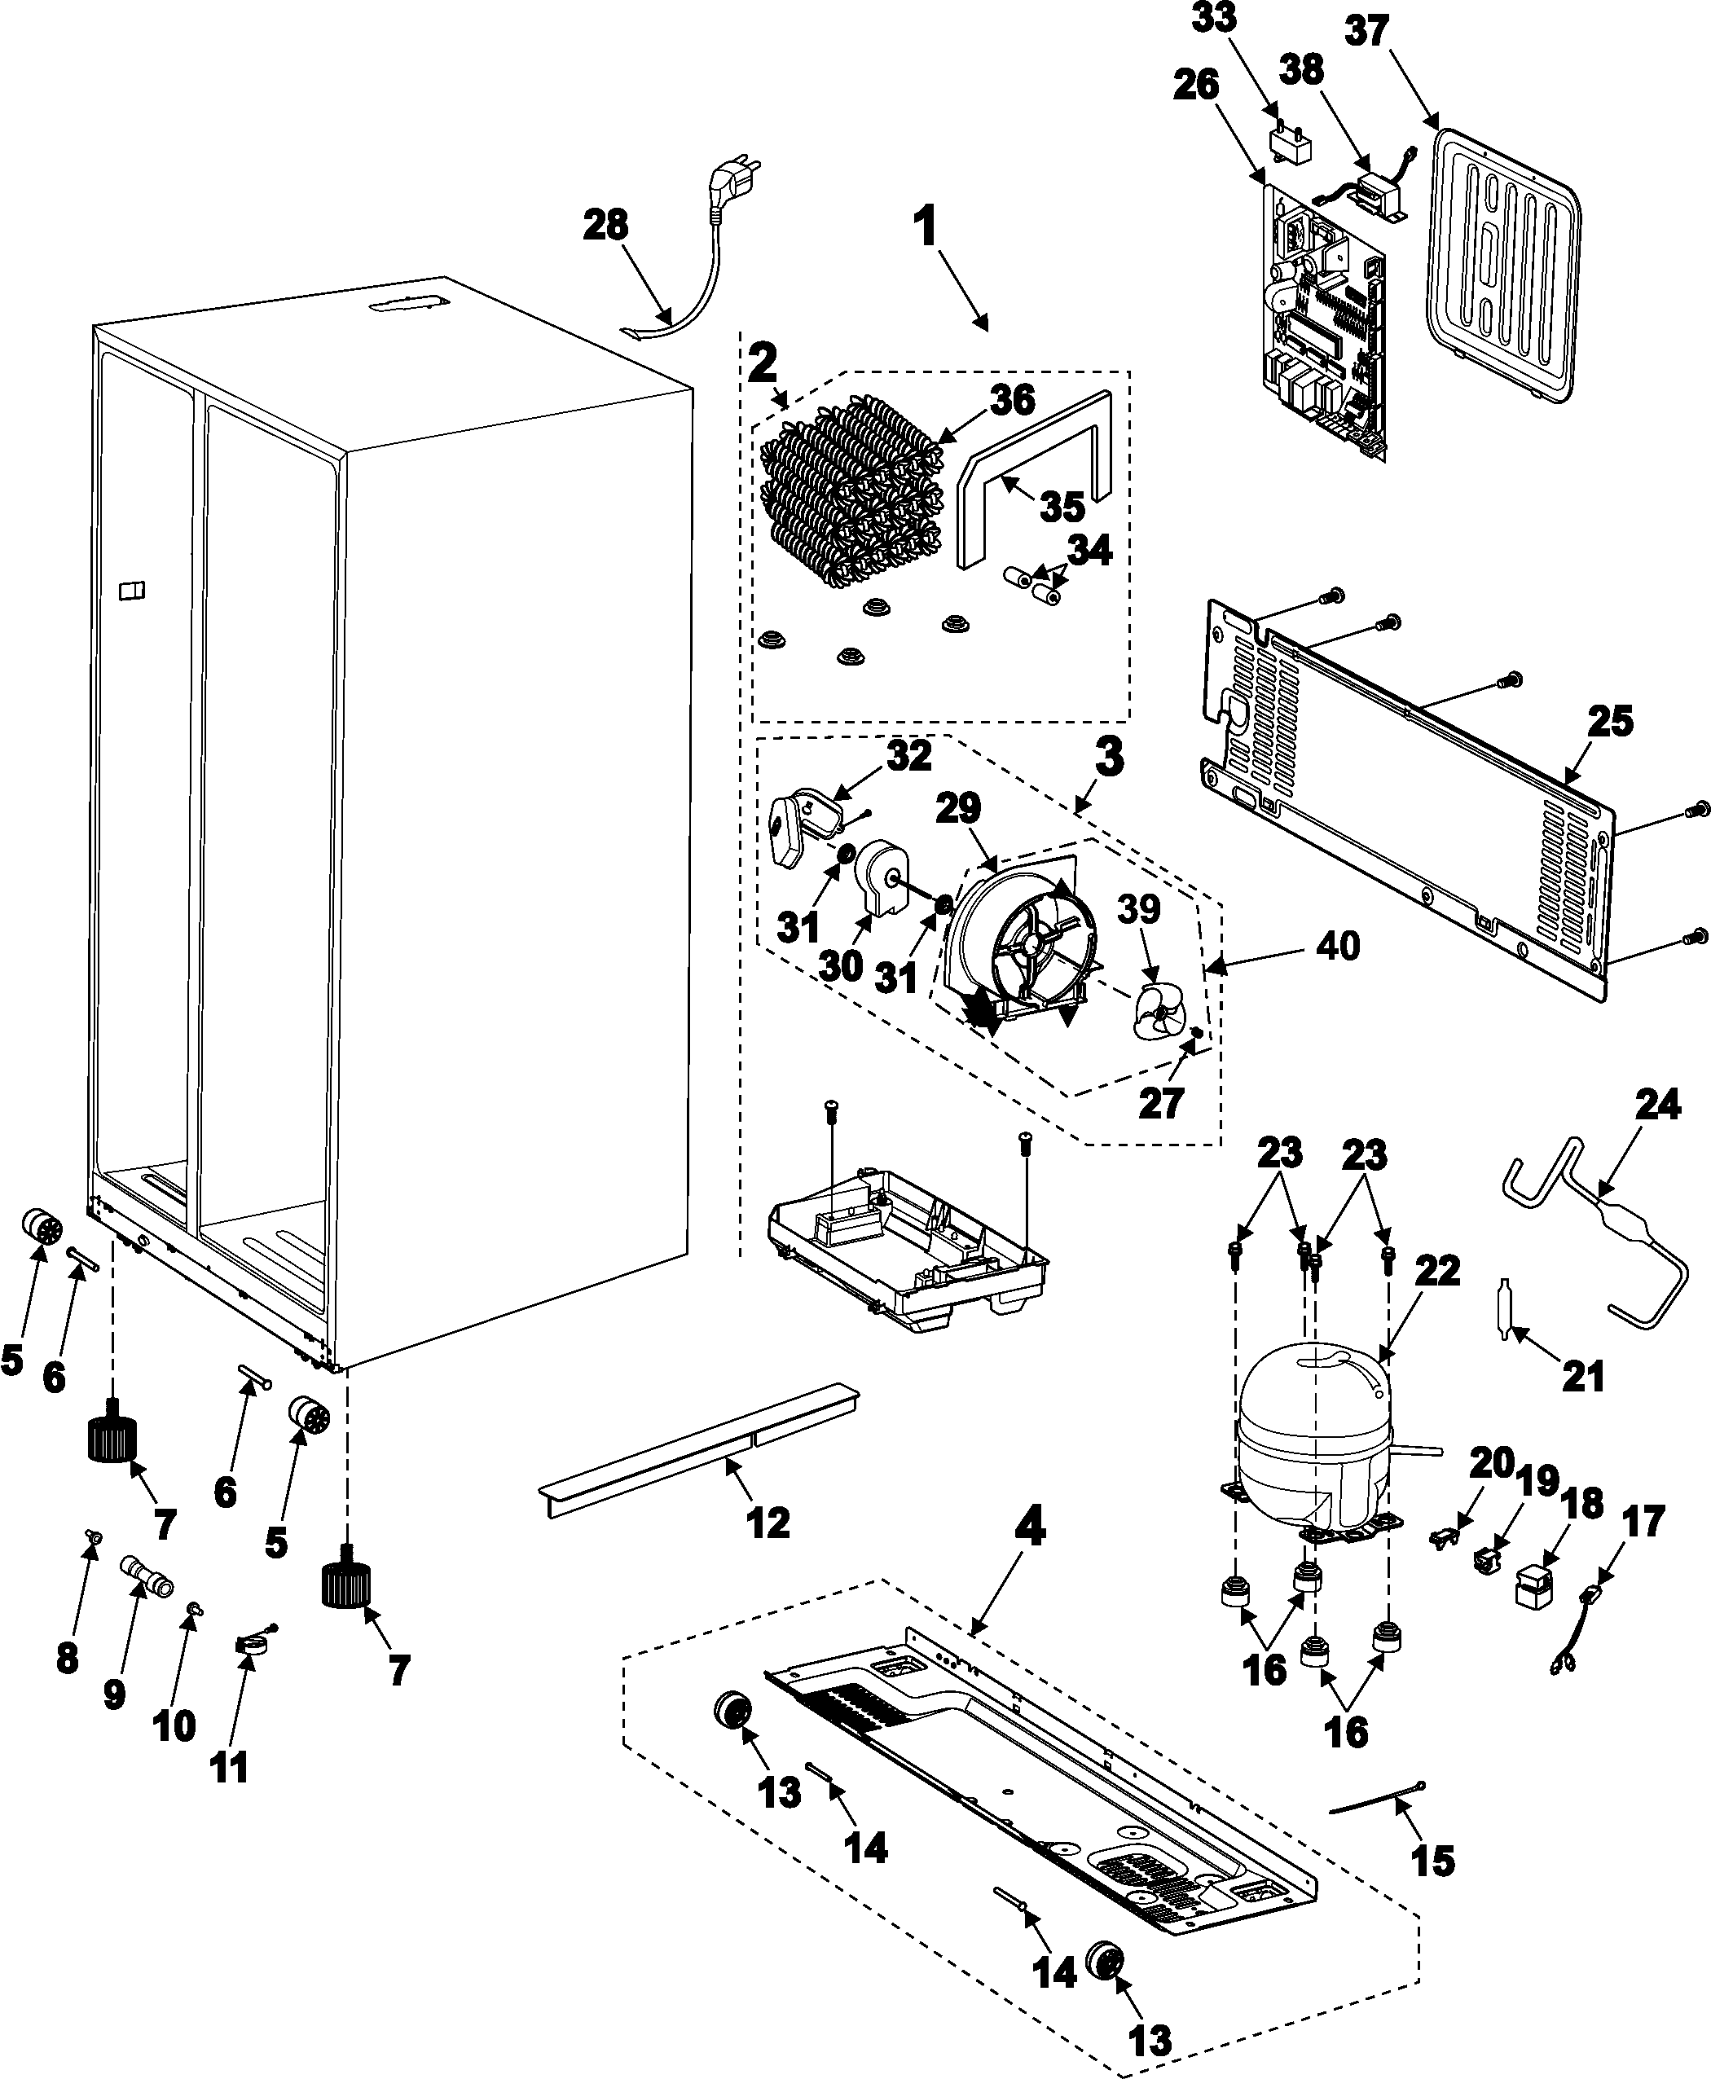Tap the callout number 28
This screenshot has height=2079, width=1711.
[605, 226]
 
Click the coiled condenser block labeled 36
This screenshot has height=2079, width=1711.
[850, 494]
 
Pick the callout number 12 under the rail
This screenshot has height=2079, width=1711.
[768, 1524]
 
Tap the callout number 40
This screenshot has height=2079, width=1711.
[1336, 946]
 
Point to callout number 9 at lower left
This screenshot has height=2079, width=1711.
[114, 1694]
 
